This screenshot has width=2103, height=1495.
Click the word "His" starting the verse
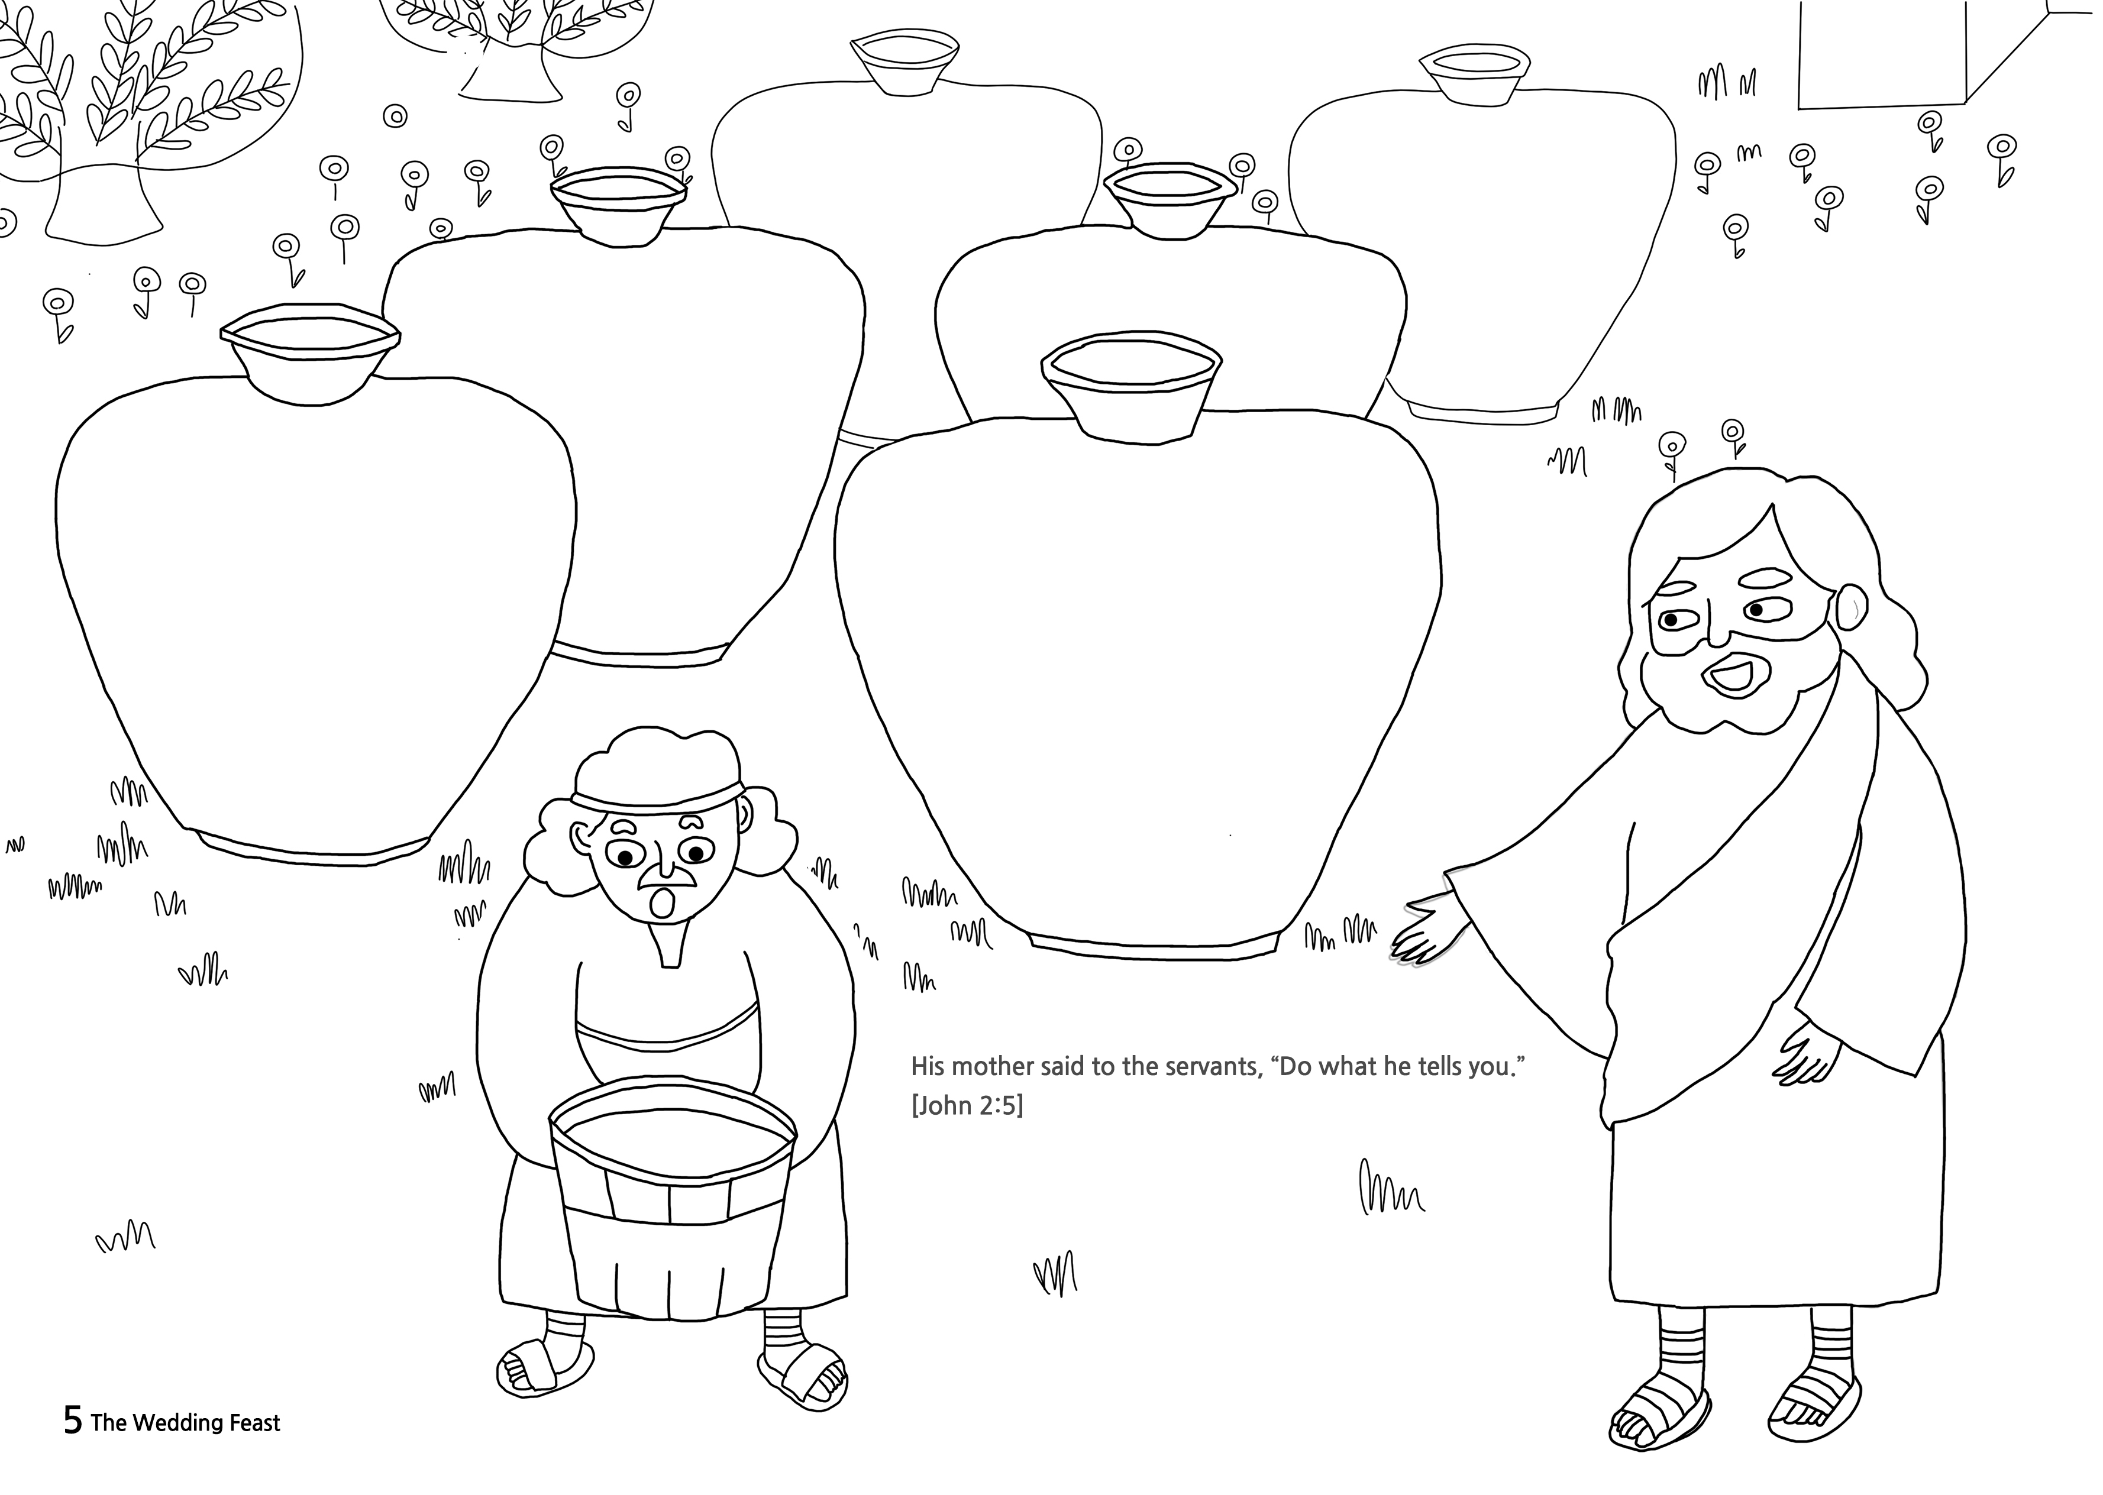click(x=927, y=1067)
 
